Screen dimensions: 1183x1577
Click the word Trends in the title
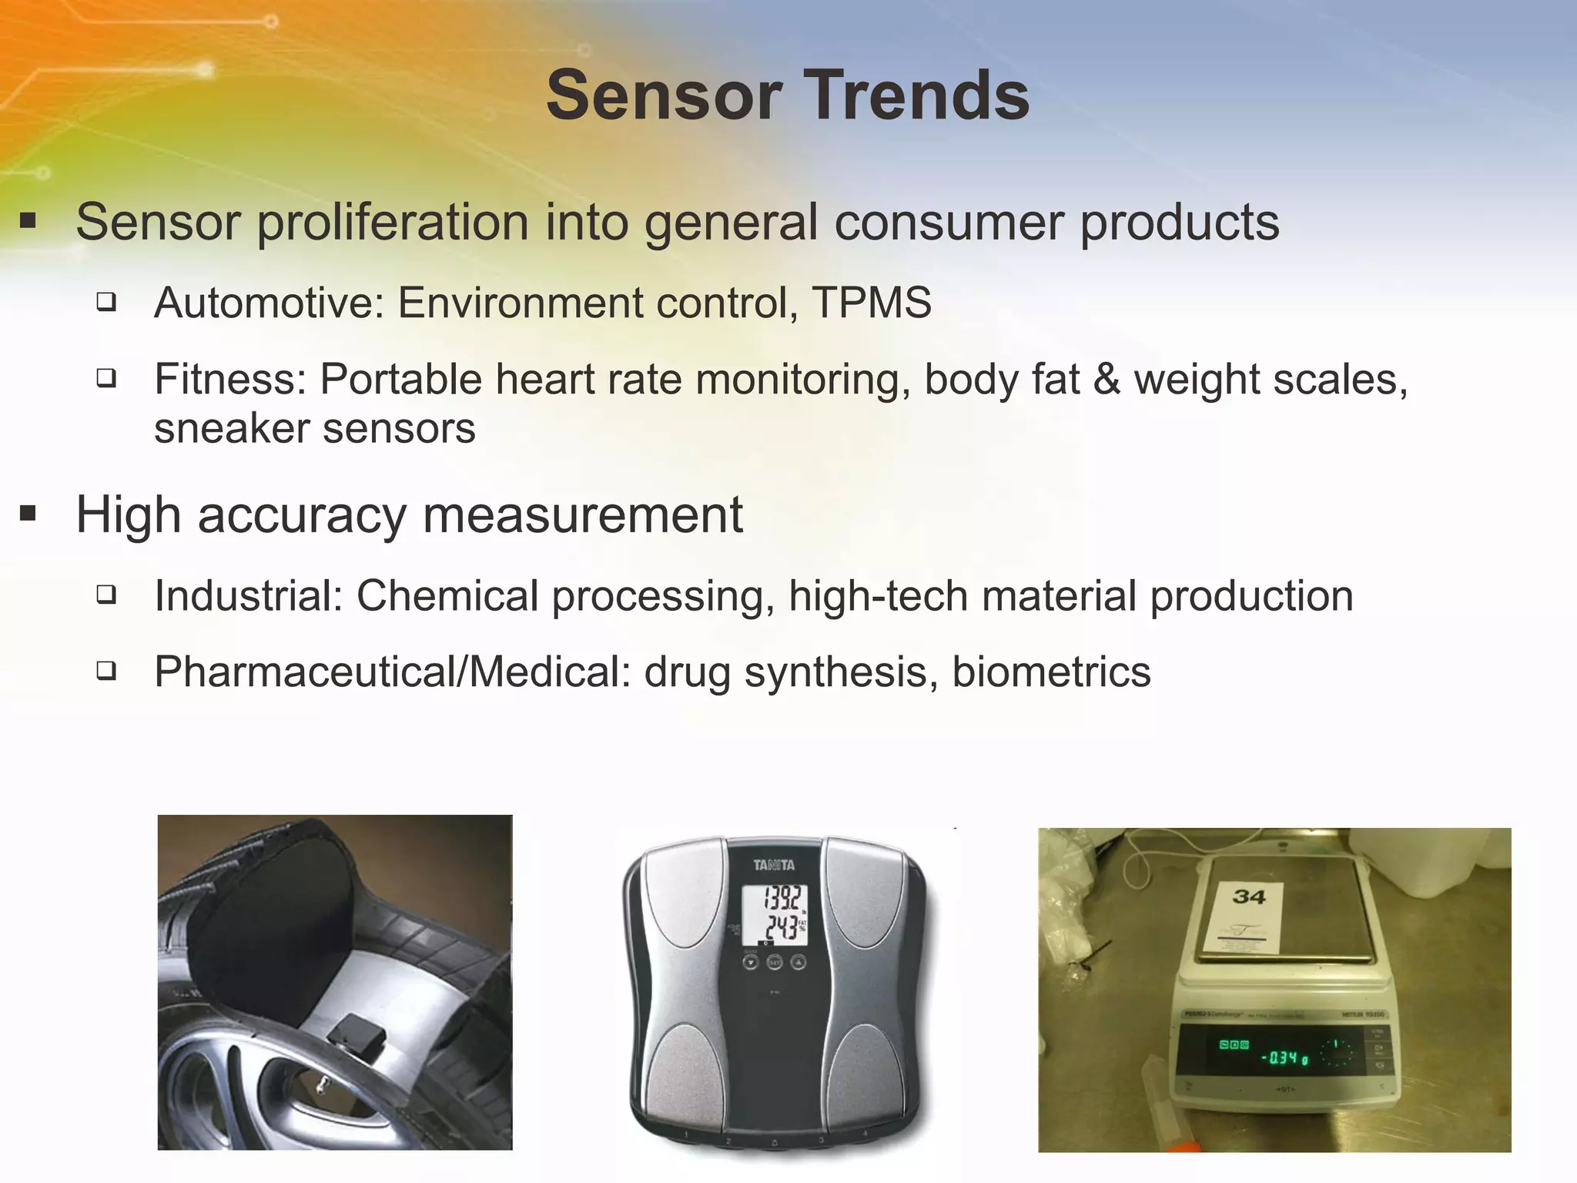point(909,96)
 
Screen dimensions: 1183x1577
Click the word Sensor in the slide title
point(663,96)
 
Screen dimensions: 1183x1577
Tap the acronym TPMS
point(872,303)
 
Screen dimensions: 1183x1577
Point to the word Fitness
point(230,380)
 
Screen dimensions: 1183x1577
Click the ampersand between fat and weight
point(1107,380)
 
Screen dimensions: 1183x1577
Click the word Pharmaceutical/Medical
point(393,672)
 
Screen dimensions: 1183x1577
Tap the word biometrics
point(1051,672)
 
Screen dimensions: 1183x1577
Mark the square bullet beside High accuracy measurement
point(28,514)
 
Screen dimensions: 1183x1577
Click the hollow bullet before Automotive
point(106,302)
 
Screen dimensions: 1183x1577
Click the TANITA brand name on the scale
point(774,866)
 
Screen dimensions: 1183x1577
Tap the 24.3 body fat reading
point(779,928)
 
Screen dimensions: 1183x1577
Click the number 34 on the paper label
point(1248,896)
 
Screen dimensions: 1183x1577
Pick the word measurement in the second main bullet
point(583,515)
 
